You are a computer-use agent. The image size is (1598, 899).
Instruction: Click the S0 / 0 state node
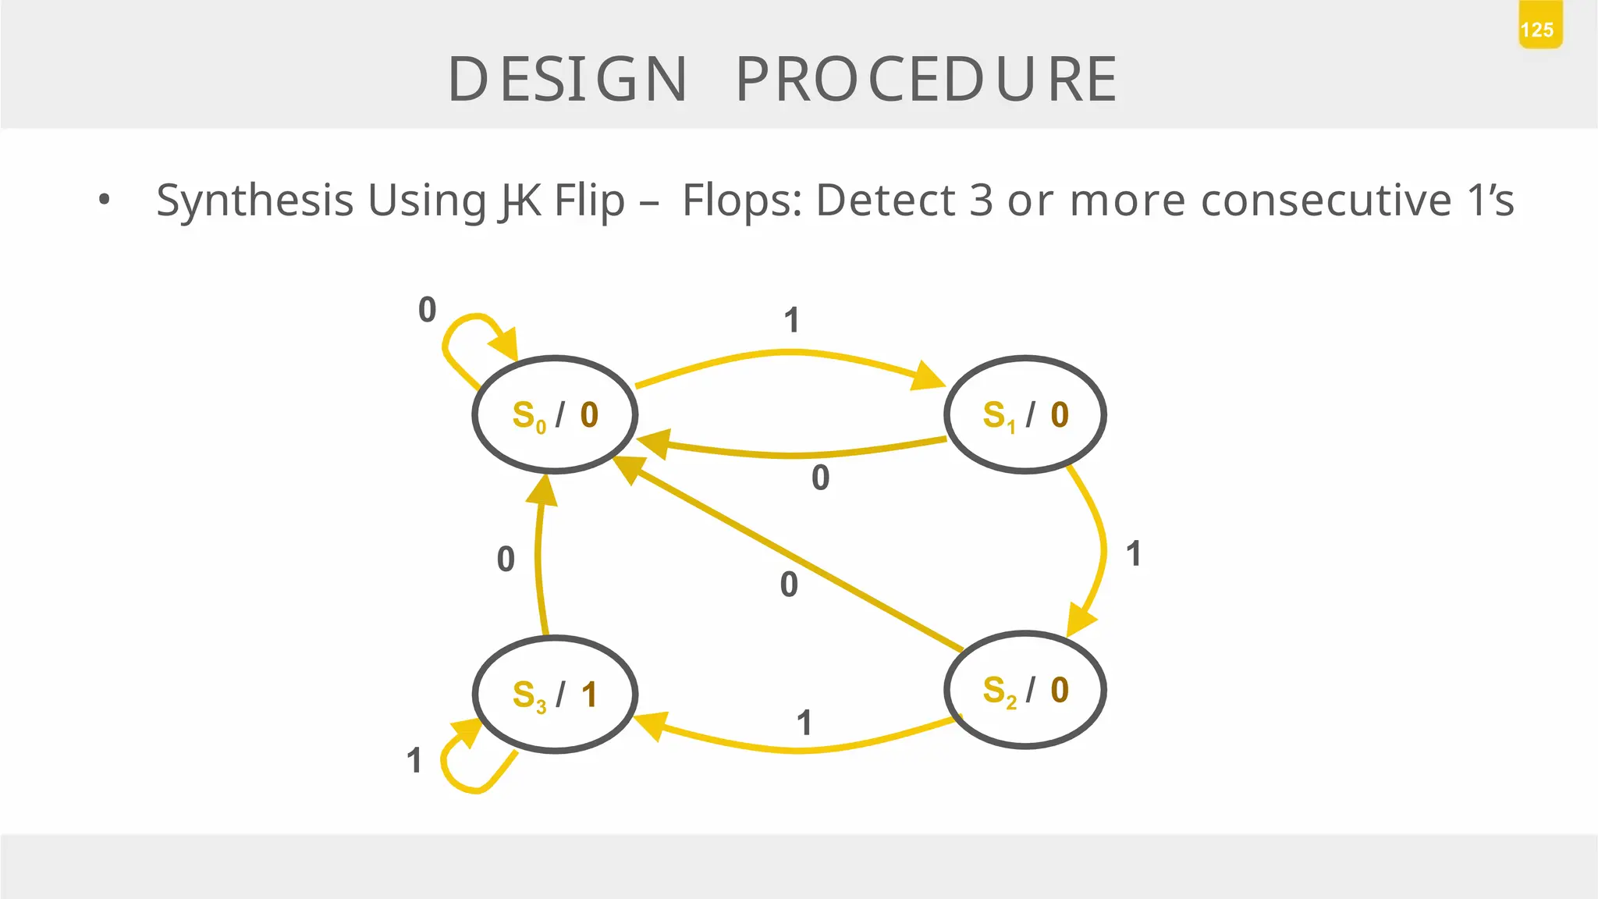click(555, 414)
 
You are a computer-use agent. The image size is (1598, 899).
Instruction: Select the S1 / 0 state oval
click(1025, 414)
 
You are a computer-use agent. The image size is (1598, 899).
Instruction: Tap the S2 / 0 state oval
click(1025, 690)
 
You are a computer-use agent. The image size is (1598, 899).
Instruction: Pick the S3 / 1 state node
click(555, 695)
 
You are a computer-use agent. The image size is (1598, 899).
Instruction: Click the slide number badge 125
click(1539, 30)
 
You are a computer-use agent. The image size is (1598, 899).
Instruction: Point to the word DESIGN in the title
click(568, 80)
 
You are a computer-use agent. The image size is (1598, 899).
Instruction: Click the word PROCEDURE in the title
click(927, 80)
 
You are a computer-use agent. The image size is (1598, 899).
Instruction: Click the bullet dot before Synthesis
click(105, 201)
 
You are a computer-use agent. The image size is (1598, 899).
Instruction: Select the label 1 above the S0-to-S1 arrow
click(792, 321)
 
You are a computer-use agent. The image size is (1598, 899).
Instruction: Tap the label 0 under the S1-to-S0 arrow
click(820, 478)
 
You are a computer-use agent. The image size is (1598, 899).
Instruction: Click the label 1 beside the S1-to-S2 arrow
click(1134, 554)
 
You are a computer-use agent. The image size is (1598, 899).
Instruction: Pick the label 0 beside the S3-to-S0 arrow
click(506, 560)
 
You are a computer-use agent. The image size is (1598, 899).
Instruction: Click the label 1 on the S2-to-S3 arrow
click(804, 723)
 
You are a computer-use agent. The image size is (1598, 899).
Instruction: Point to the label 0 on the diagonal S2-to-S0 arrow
click(789, 585)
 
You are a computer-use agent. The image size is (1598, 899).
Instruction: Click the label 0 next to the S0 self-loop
click(427, 310)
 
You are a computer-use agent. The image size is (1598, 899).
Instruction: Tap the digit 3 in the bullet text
click(982, 201)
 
